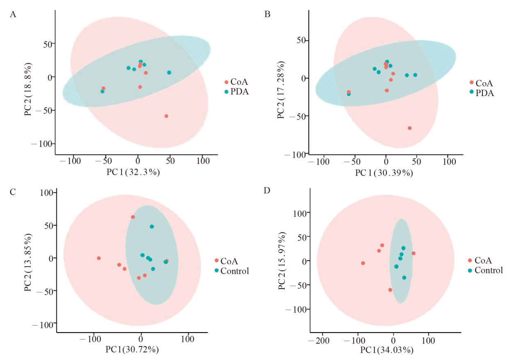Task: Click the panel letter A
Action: click(x=13, y=15)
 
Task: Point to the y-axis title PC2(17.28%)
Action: click(x=281, y=91)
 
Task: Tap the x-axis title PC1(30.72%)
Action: click(x=133, y=350)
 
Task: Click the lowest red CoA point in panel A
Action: click(x=166, y=116)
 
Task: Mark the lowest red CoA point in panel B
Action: click(x=409, y=128)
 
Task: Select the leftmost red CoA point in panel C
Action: click(x=98, y=258)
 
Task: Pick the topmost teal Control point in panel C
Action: click(x=152, y=227)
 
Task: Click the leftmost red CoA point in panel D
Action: click(x=363, y=263)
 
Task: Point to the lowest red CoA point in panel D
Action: click(x=390, y=290)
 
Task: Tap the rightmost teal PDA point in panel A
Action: click(x=169, y=73)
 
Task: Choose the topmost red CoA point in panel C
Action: click(x=133, y=217)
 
